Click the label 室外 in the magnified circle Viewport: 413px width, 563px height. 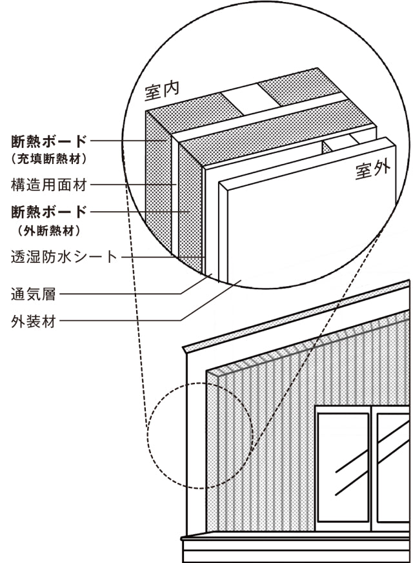coord(372,171)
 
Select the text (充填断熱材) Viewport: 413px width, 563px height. coord(50,158)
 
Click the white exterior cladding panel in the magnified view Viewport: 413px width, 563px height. coord(303,226)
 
